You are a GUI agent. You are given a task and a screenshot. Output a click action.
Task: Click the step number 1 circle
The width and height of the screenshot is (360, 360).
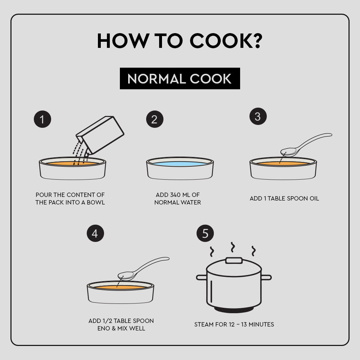[42, 119]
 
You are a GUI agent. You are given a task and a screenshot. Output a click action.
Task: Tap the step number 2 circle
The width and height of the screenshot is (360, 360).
[155, 119]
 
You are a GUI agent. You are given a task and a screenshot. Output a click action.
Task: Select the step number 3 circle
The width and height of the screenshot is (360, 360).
[258, 116]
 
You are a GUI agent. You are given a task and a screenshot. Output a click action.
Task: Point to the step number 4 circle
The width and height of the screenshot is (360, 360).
[95, 233]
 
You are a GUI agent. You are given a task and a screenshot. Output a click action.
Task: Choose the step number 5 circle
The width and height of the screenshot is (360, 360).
[205, 233]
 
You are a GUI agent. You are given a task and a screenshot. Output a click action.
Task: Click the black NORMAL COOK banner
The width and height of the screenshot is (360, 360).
[180, 78]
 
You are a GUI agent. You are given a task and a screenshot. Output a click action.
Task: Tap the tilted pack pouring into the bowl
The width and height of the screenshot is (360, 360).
[100, 135]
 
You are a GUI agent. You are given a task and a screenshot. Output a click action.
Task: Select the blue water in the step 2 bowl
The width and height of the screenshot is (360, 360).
[180, 164]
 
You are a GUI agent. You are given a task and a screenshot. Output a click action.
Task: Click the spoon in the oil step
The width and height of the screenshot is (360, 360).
[305, 144]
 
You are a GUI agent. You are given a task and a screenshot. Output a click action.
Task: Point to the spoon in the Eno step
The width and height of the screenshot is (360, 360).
[143, 268]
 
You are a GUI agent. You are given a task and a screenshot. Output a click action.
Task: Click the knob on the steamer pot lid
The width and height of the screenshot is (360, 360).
[234, 261]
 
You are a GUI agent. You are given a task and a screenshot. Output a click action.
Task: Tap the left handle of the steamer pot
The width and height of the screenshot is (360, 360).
[201, 278]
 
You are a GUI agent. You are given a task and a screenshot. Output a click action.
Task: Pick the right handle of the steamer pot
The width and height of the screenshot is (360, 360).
[266, 278]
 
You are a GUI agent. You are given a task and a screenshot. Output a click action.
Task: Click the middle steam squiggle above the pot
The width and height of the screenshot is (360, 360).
[233, 247]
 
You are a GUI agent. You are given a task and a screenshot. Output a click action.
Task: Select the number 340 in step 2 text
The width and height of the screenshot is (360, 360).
[175, 195]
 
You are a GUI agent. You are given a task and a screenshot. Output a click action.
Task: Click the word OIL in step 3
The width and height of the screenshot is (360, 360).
[314, 198]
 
